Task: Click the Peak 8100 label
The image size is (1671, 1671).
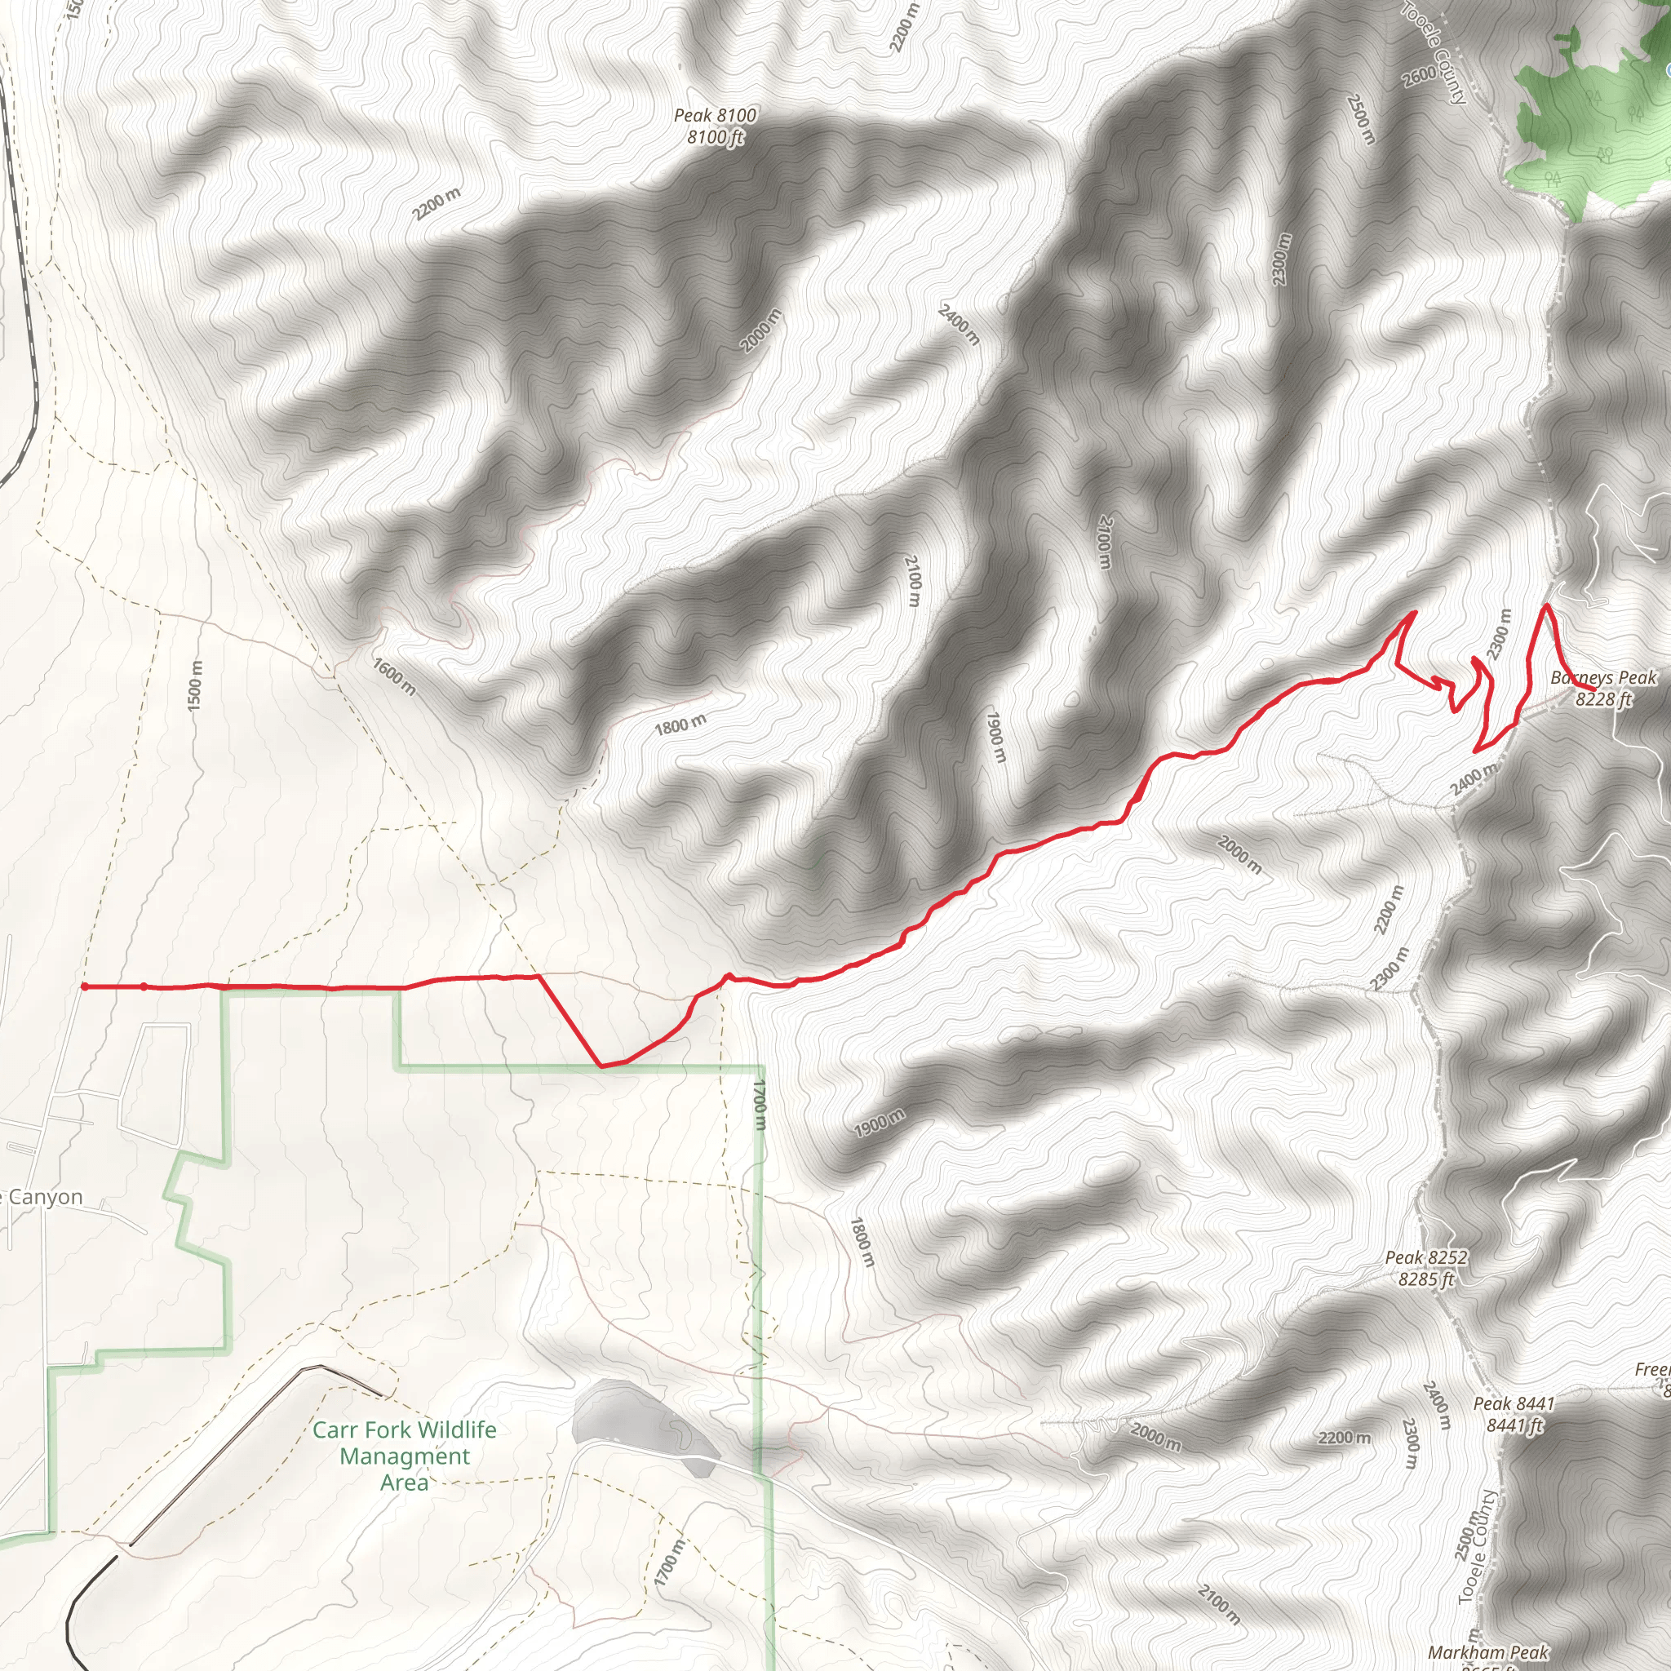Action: tap(715, 126)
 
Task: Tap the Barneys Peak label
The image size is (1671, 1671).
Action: tap(1602, 689)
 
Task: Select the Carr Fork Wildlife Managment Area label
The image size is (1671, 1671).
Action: tap(404, 1456)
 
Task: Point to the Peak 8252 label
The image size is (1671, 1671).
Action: tap(1426, 1268)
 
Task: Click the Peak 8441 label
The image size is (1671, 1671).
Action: tap(1514, 1414)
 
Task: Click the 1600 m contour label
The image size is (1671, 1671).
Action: tap(394, 676)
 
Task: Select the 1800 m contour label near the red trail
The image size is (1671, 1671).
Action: tap(680, 725)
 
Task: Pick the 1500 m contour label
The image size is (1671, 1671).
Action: tap(196, 686)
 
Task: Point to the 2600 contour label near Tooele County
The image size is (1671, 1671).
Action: tap(1420, 76)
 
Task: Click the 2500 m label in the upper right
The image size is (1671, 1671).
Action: tap(1360, 118)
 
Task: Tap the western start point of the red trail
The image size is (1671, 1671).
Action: tap(84, 986)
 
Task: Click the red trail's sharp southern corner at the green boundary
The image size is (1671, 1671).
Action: tap(602, 1066)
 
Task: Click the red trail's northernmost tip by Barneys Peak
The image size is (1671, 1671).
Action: tap(1546, 606)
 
